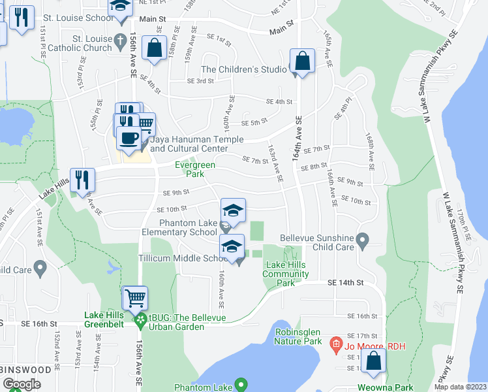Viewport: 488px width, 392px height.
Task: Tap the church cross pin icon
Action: (x=120, y=41)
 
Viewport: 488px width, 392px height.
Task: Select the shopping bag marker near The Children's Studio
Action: (x=303, y=61)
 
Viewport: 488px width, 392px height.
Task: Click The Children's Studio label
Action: (x=244, y=69)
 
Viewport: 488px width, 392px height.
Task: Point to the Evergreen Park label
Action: (x=194, y=169)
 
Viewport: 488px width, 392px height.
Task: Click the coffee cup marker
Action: (x=128, y=138)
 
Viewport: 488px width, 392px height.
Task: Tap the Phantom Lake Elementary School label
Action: (x=179, y=227)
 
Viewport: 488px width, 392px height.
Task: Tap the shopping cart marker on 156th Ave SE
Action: (x=135, y=299)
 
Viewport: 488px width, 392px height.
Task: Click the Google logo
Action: (x=22, y=384)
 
